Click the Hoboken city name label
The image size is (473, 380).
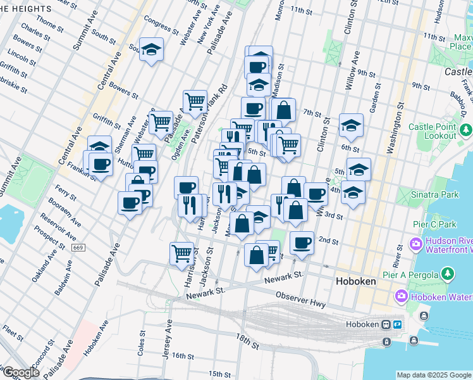(x=356, y=281)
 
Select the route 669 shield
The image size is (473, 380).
(x=78, y=248)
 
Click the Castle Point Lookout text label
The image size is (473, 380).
(x=432, y=131)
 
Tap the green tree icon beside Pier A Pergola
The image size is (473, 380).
(x=448, y=274)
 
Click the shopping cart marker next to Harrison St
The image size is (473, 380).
(x=181, y=253)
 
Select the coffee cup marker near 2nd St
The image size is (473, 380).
(x=302, y=242)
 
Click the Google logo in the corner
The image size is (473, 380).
(x=20, y=372)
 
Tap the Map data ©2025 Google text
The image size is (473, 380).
(x=434, y=375)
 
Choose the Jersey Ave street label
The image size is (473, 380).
(x=167, y=339)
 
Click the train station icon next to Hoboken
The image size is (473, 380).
(x=385, y=324)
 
